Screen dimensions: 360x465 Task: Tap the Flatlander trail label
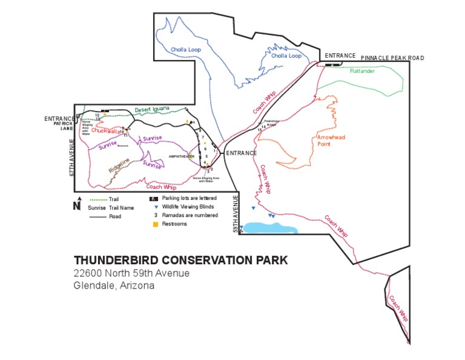[x=362, y=71]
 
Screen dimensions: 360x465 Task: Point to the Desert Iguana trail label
[x=152, y=110]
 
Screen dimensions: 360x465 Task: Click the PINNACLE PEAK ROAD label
[x=392, y=58]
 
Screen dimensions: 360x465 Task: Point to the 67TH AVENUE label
[x=71, y=158]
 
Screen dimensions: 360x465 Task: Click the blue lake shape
[x=270, y=228]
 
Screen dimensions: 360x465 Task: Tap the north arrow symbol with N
[x=77, y=204]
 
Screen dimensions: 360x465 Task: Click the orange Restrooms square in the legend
[x=154, y=224]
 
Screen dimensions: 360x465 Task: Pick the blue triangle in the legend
[x=154, y=207]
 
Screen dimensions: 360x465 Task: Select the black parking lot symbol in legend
[x=154, y=198]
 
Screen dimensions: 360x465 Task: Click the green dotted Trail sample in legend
[x=97, y=199]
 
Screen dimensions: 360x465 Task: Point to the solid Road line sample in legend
[x=97, y=216]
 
